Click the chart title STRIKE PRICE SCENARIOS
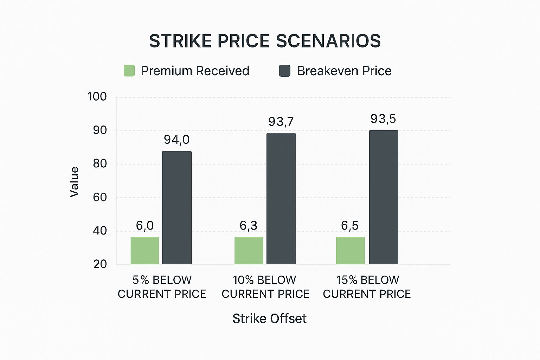coord(265,41)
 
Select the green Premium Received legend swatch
coord(129,71)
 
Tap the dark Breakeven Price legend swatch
coord(284,71)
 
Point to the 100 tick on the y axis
coord(97,97)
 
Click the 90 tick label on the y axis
coord(99,130)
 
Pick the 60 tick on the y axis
coord(99,197)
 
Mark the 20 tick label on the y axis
coord(100,264)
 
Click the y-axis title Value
coord(74,182)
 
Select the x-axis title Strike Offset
coord(269,319)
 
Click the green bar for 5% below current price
coord(145,250)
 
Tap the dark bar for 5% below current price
coord(177,207)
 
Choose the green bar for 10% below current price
coord(249,250)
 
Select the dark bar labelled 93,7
coord(281,199)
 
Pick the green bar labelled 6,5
coord(350,250)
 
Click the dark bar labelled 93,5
coord(384,197)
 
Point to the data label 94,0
coord(176,140)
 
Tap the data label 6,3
coord(248,226)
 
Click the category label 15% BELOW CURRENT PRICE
coord(367,287)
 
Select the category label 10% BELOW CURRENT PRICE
coord(265,287)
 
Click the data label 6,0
coord(145,226)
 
